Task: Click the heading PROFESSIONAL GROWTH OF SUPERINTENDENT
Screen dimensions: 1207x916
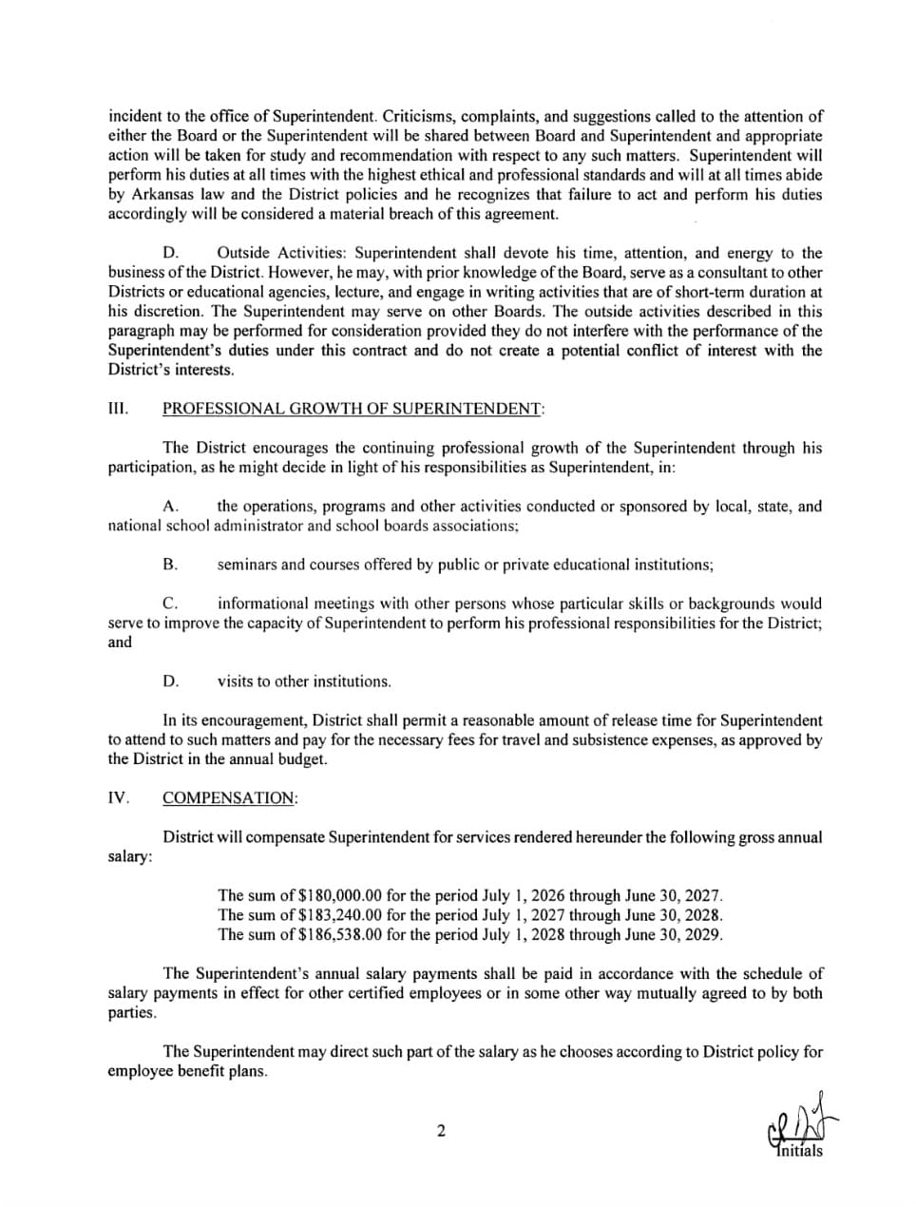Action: pyautogui.click(x=353, y=409)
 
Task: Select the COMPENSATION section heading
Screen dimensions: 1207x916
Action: pyautogui.click(x=229, y=798)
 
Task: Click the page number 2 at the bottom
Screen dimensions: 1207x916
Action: pyautogui.click(x=440, y=1131)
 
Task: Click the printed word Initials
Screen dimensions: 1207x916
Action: pyautogui.click(x=799, y=1152)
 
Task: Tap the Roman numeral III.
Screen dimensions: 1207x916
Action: pyautogui.click(x=118, y=409)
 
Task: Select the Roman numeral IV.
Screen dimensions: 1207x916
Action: pyautogui.click(x=118, y=798)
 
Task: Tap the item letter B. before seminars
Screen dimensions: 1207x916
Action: pyautogui.click(x=170, y=565)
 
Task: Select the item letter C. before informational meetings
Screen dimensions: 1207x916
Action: pyautogui.click(x=170, y=603)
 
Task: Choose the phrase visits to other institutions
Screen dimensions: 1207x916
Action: pyautogui.click(x=304, y=681)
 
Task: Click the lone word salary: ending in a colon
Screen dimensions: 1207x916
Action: pyautogui.click(x=130, y=857)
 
